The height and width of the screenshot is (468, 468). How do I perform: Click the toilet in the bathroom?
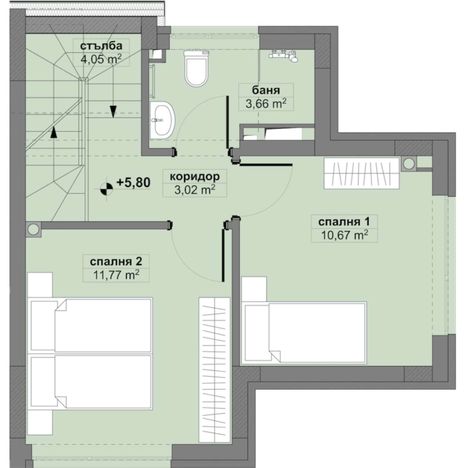point(196,68)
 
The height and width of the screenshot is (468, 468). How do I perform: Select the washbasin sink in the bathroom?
point(163,120)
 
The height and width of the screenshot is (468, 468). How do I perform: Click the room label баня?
point(266,90)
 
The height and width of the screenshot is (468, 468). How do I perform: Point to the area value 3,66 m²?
point(266,104)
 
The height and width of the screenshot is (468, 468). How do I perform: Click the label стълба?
point(101,46)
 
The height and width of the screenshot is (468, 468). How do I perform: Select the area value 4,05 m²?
point(101,59)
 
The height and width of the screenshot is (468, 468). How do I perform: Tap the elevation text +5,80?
point(134,182)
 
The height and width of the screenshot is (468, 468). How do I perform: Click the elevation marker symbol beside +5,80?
point(107,189)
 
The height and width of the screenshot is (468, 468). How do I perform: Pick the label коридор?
point(195,176)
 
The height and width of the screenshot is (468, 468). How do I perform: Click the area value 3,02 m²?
point(195,190)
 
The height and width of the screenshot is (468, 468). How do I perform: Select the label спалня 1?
point(344,222)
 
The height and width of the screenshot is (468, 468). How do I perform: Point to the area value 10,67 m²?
point(344,235)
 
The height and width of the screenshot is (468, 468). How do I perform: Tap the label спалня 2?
point(116,261)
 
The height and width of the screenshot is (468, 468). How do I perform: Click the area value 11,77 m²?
point(116,275)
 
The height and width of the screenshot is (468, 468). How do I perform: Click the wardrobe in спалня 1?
point(362,173)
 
